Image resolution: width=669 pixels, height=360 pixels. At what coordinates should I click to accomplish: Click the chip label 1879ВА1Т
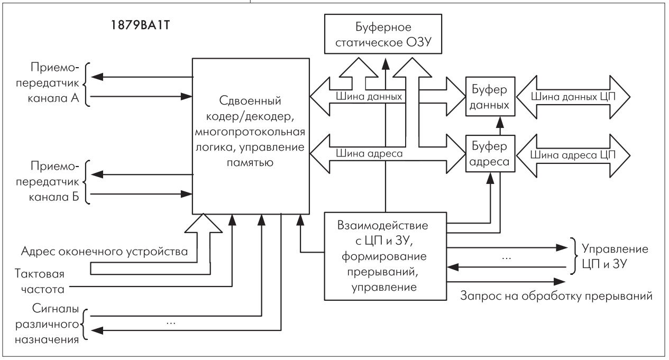click(140, 25)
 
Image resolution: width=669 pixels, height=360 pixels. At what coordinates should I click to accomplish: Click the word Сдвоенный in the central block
click(250, 101)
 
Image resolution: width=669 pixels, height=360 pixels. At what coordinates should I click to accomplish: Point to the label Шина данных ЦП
click(573, 96)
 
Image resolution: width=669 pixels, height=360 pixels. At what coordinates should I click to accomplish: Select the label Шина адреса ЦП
click(573, 155)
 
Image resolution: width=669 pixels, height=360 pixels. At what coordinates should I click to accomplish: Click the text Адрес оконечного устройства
click(104, 251)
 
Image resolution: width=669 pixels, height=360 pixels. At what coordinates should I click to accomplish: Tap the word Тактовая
click(40, 273)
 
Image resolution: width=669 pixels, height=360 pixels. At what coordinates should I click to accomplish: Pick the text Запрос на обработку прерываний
click(556, 296)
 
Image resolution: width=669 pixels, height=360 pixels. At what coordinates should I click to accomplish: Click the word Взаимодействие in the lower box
click(382, 225)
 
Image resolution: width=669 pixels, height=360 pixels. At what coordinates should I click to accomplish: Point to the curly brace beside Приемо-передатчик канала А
click(86, 85)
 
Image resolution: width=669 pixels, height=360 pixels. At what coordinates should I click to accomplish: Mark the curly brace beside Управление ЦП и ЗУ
click(573, 256)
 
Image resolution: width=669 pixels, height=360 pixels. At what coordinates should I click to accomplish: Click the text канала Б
click(54, 197)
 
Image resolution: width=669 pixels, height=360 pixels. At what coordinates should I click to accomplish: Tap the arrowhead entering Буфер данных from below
click(500, 123)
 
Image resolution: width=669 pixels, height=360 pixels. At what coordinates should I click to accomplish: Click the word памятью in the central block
click(250, 163)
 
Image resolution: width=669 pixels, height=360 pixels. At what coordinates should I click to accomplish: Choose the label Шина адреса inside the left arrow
click(369, 153)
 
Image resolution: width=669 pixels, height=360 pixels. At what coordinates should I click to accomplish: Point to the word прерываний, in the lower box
click(382, 272)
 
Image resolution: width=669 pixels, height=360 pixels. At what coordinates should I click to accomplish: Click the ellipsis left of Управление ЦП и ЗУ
click(507, 258)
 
